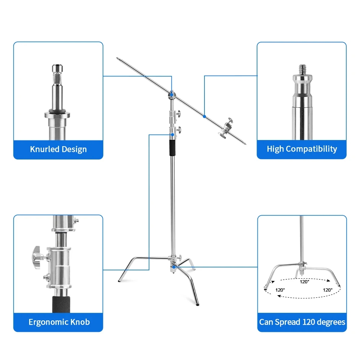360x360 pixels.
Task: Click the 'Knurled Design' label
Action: tap(58, 149)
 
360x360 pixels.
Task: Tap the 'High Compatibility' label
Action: tap(302, 149)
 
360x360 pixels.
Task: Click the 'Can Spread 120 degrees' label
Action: tap(302, 322)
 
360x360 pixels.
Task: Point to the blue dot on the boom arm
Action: tap(204, 116)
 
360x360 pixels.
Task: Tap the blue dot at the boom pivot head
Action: tap(172, 94)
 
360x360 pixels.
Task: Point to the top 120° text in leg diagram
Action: tap(305, 282)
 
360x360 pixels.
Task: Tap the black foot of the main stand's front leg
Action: tap(197, 305)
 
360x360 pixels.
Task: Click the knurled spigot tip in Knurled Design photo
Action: tap(58, 68)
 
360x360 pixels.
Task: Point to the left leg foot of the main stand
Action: tap(119, 281)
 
